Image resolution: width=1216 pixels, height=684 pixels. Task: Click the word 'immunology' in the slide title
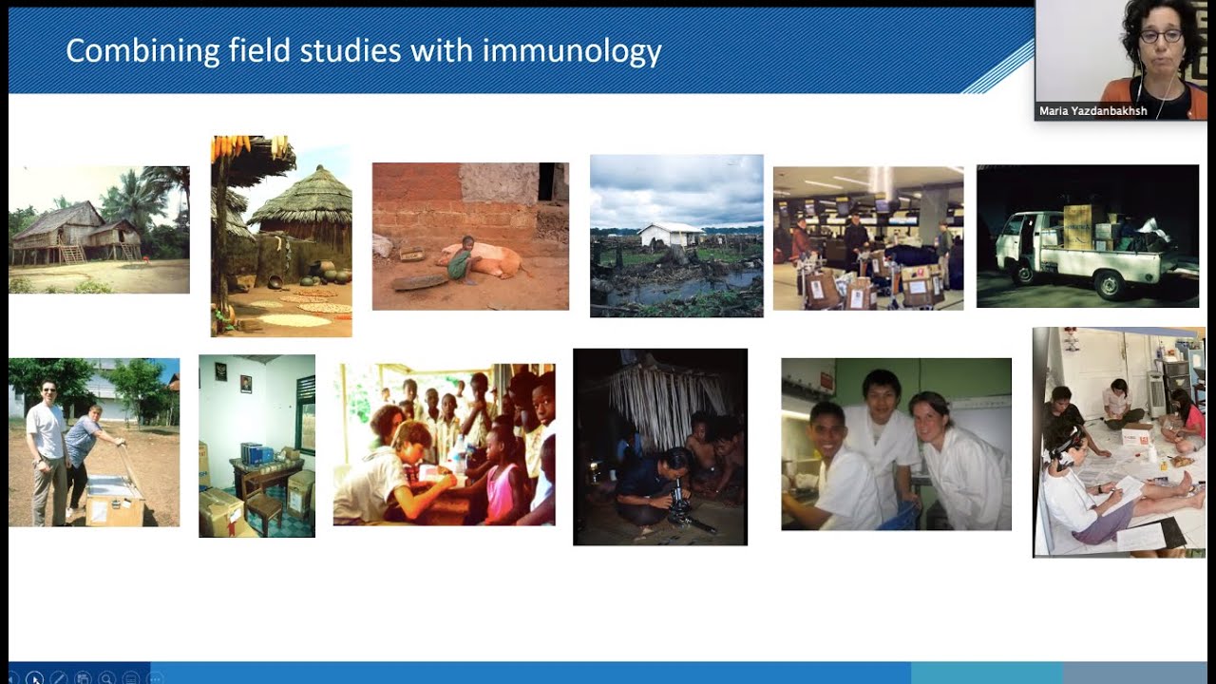[x=571, y=51]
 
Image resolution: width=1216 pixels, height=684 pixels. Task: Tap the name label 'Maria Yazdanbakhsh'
[x=1092, y=111]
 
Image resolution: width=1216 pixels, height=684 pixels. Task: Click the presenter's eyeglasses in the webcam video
[x=1160, y=36]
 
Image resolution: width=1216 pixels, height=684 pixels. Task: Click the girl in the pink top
[x=504, y=480]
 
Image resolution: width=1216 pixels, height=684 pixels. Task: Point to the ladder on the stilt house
[x=70, y=252]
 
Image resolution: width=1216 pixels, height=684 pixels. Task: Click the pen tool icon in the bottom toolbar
[x=59, y=678]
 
